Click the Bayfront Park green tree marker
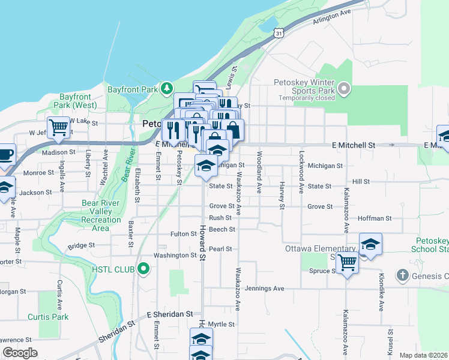[x=167, y=89]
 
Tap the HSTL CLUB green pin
[x=142, y=268]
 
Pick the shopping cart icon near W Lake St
[x=58, y=127]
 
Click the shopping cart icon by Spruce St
[x=347, y=262]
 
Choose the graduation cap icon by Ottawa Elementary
[x=370, y=244]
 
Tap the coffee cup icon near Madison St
[x=5, y=154]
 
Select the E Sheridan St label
[x=170, y=314]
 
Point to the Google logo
[x=20, y=353]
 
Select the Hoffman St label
[x=375, y=219]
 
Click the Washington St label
[x=175, y=255]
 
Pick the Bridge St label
[x=82, y=245]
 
